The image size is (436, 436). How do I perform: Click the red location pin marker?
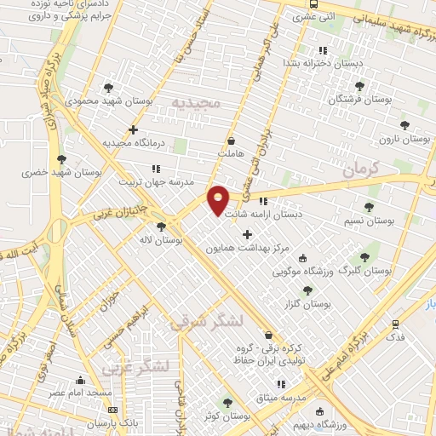(219, 199)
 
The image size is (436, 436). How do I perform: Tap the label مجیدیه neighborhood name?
(196, 103)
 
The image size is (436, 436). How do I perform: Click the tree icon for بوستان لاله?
(162, 226)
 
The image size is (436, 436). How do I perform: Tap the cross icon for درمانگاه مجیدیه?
(133, 129)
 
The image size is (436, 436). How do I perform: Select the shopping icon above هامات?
(231, 141)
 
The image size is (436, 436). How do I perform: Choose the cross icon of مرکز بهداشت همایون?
(248, 234)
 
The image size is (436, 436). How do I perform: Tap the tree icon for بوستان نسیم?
(368, 207)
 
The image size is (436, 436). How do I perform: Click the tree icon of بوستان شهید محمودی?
(107, 87)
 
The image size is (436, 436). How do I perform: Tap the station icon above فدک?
(394, 324)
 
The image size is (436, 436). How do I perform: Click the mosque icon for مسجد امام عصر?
(80, 381)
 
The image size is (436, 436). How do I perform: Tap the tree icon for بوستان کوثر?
(227, 402)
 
